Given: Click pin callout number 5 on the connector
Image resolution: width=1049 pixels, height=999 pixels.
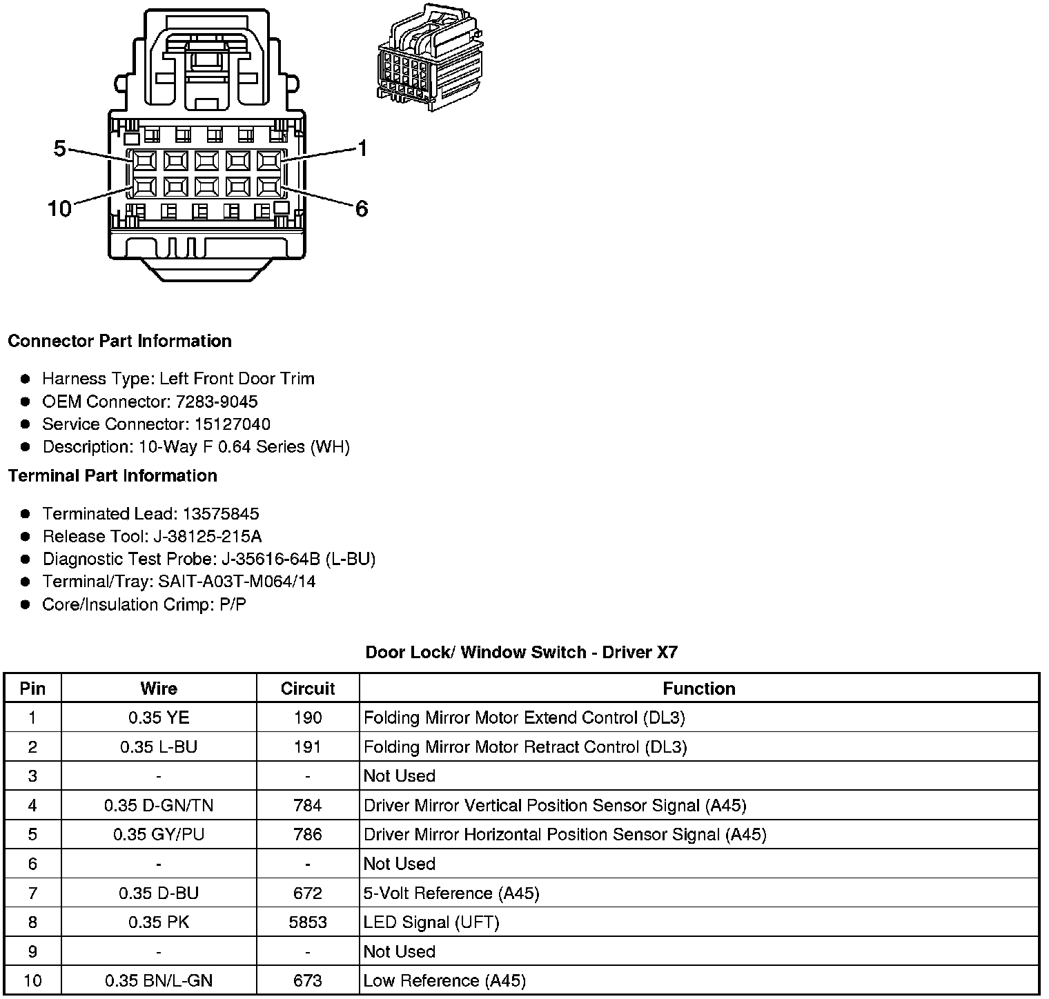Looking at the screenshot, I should point(60,148).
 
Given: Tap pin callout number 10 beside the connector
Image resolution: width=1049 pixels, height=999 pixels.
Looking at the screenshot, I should point(59,208).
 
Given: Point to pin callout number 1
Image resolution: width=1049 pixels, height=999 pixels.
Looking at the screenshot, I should point(362,148).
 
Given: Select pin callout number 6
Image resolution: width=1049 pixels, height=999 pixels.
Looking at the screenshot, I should point(362,208).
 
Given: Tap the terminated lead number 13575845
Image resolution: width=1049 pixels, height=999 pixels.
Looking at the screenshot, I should point(221,514).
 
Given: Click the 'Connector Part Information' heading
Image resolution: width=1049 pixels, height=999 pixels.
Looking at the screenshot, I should point(119,342).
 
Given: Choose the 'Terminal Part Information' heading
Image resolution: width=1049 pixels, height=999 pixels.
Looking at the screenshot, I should point(112,476).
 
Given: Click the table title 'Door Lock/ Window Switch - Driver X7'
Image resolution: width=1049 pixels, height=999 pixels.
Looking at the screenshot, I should point(522,653).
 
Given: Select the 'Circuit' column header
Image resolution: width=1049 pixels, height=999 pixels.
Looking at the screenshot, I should point(308,689).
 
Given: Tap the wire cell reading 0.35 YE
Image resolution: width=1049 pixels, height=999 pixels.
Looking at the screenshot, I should point(159,718).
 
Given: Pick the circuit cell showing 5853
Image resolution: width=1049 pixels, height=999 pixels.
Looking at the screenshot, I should point(308,922).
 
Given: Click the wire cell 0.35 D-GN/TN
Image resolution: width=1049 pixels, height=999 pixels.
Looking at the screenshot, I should point(159,805).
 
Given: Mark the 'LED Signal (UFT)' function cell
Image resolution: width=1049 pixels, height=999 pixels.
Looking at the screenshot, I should point(431,922).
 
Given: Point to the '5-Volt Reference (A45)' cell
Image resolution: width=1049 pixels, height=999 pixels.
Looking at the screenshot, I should point(451,893).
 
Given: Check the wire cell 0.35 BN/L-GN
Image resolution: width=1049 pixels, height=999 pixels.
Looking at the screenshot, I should point(159,981).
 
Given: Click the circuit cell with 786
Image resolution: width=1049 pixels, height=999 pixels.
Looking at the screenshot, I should point(308,835).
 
